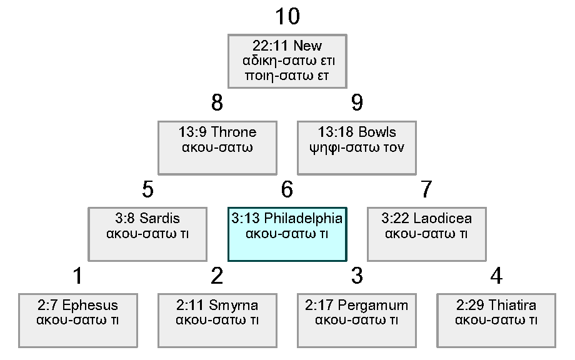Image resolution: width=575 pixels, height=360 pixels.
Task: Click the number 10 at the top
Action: [x=287, y=17]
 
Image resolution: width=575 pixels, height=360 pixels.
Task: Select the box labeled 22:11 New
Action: [x=287, y=61]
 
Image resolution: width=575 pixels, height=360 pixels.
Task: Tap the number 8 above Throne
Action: [x=217, y=103]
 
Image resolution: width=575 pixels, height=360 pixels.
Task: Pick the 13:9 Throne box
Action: [x=217, y=147]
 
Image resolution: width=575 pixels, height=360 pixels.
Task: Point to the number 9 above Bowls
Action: [x=357, y=103]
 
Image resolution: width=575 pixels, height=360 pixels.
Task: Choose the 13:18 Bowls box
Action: [x=357, y=147]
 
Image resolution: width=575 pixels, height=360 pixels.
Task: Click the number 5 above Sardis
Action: [x=147, y=189]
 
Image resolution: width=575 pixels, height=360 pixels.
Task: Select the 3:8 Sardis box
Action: [x=147, y=234]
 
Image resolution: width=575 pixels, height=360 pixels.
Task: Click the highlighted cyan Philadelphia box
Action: [x=287, y=234]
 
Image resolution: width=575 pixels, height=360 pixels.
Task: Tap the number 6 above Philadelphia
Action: [x=287, y=189]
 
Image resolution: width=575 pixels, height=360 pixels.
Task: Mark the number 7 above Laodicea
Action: [x=427, y=189]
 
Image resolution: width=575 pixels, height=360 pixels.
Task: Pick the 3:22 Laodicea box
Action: [x=427, y=234]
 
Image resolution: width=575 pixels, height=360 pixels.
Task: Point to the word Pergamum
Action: [x=372, y=306]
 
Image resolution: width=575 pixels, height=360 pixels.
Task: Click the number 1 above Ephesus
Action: [x=77, y=276]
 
